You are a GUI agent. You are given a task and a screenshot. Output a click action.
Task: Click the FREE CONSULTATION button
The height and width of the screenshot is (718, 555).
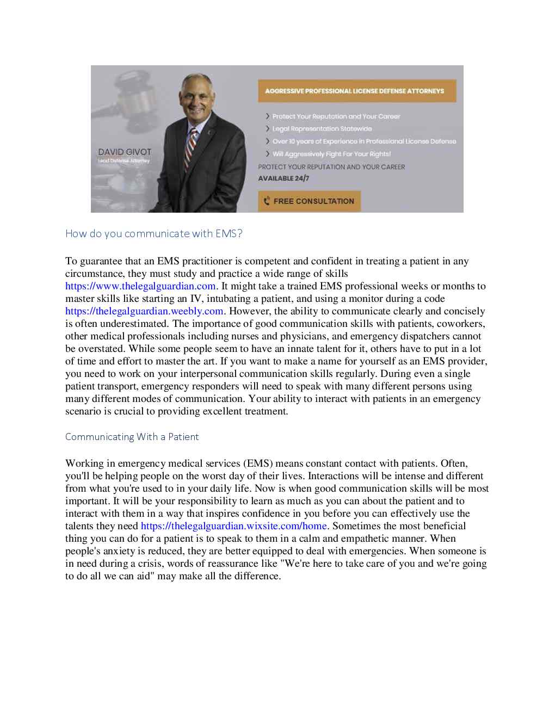point(309,201)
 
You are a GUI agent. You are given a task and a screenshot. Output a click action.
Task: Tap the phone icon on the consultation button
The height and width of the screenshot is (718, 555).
point(267,201)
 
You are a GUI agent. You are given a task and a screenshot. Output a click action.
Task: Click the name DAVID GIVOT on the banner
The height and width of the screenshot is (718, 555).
point(125,152)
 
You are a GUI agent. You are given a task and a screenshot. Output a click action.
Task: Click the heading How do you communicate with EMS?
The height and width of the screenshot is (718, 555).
point(154,234)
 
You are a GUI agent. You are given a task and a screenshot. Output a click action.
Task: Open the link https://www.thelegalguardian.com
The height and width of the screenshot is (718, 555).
point(140,286)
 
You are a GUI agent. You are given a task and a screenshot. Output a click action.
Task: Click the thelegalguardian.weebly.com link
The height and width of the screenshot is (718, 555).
point(144,311)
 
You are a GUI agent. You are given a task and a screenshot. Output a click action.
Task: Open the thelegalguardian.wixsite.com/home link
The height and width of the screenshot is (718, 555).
point(234,526)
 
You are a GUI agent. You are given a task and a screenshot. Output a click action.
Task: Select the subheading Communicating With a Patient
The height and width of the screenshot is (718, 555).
point(132,437)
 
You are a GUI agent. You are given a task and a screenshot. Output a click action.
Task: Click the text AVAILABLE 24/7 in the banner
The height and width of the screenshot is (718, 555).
point(283,178)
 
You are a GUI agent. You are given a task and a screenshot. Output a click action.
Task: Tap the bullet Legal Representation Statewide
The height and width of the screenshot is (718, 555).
point(322,129)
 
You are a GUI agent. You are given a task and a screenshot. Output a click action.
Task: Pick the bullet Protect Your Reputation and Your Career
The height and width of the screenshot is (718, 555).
point(336,116)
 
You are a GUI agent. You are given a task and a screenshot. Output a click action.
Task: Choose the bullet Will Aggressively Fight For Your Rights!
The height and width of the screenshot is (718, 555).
point(331,154)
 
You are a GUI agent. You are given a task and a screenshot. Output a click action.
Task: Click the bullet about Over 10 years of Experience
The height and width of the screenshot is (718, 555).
point(364,141)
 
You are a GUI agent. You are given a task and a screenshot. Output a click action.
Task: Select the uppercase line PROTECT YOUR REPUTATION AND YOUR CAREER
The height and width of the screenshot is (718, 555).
point(331,167)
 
